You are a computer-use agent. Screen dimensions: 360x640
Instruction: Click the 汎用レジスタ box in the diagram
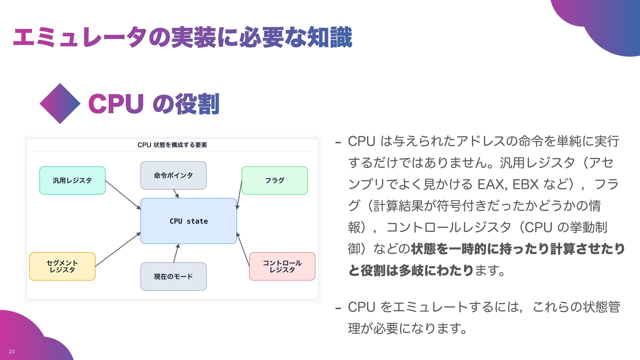[72, 180]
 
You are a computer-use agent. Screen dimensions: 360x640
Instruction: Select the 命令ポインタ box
[173, 175]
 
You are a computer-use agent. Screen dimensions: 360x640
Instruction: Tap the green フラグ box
[274, 180]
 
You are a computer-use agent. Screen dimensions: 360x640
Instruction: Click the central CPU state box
[189, 221]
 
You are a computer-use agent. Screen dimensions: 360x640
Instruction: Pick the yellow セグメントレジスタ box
[62, 266]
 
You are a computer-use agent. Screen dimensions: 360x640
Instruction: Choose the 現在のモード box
[173, 276]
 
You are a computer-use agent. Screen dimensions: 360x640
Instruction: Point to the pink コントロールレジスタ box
[282, 266]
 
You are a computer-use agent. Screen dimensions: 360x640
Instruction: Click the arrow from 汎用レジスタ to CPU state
[123, 195]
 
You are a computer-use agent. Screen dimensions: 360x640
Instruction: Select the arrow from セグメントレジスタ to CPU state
[118, 250]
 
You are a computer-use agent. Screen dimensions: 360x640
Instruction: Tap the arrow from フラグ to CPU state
[239, 195]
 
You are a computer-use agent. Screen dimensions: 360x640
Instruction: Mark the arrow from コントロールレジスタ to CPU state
[243, 249]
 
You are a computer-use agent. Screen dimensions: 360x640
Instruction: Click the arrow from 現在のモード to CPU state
[176, 253]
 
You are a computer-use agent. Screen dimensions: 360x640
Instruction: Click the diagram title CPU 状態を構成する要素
[172, 145]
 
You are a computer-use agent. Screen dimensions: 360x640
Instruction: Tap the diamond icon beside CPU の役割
[60, 104]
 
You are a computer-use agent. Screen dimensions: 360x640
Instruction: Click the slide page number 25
[12, 351]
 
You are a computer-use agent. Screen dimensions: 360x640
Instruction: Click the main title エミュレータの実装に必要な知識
[183, 37]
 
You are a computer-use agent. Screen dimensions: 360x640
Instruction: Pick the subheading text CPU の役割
[154, 104]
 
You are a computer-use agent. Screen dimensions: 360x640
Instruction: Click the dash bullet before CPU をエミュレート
[338, 308]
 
